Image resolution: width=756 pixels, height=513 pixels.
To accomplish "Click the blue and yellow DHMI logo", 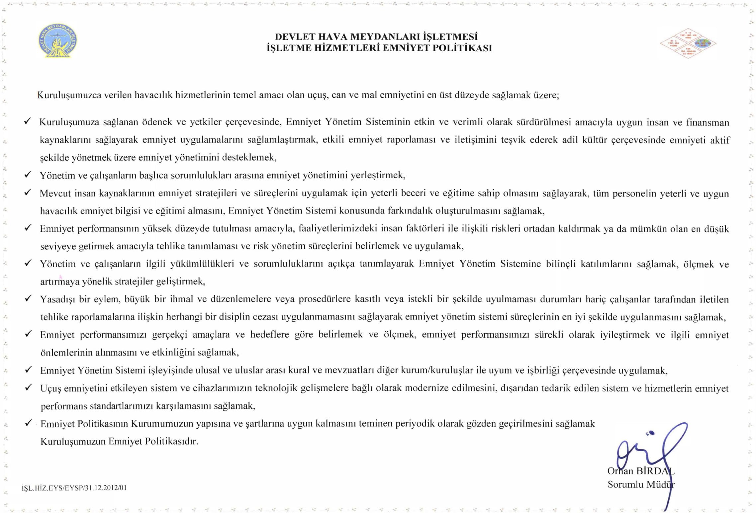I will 58,41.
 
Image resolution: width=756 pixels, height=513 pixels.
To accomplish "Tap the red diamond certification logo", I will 688,43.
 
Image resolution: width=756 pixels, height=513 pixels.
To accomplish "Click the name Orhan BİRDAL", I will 640,471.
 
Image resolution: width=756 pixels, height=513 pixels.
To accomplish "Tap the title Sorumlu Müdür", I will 641,484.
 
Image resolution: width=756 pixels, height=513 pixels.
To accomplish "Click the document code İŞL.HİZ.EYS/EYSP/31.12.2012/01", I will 74,488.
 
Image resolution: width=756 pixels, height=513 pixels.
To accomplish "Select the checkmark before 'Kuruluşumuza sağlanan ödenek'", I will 28,121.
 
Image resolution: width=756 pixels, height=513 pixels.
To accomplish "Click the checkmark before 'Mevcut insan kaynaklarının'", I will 28,192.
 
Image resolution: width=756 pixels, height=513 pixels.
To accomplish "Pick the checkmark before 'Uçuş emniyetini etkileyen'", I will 29,387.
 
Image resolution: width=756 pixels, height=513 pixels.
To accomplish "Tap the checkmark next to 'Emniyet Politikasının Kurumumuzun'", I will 29,423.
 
